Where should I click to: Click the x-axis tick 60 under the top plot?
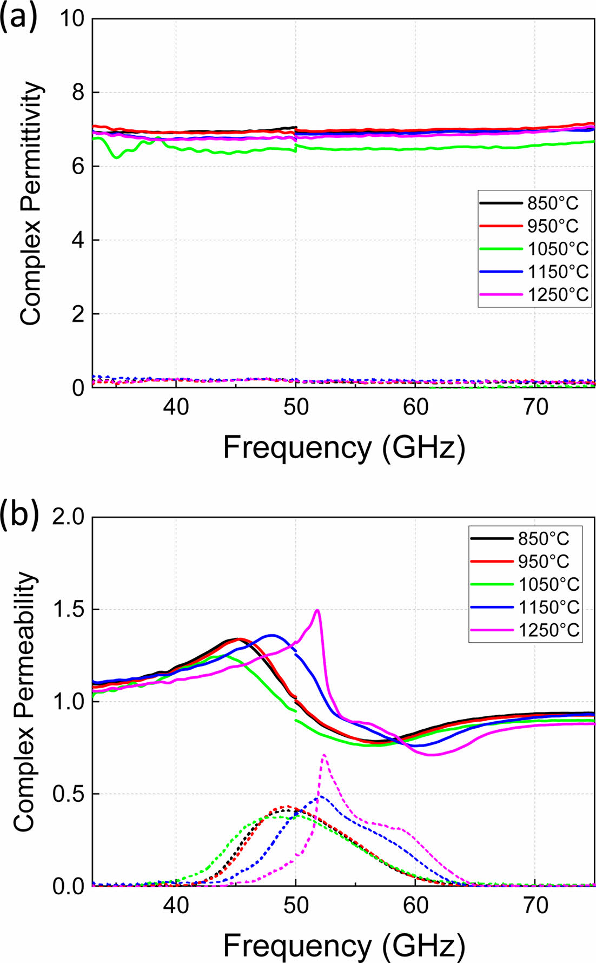tap(415, 406)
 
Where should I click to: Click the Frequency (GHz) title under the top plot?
tap(343, 447)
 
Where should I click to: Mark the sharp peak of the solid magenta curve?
tap(317, 610)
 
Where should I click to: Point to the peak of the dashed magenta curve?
tap(323, 755)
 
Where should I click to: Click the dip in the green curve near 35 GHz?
tap(116, 157)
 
